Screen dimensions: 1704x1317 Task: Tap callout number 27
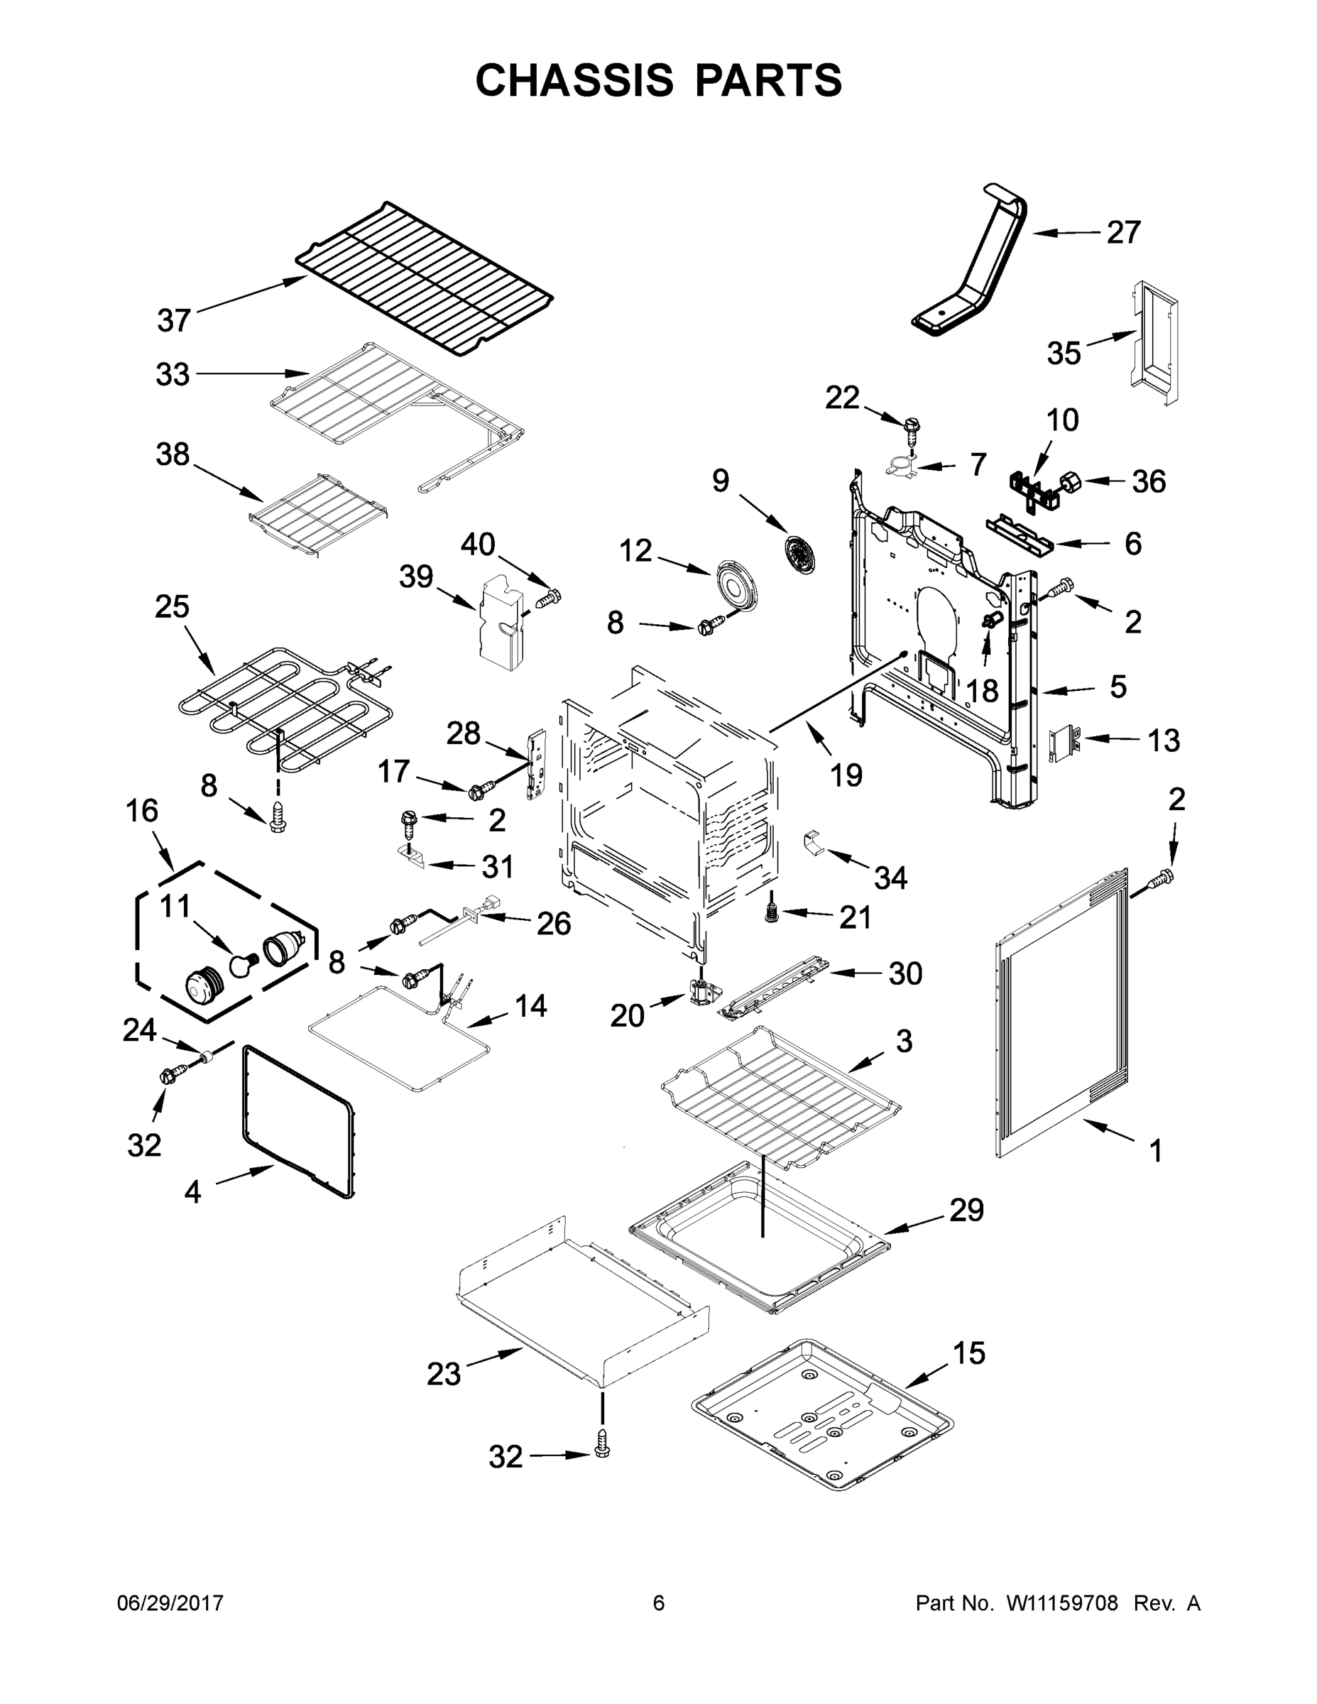pos(1123,231)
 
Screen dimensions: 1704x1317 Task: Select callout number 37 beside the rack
pos(173,320)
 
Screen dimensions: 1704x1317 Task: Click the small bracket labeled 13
pos(1063,741)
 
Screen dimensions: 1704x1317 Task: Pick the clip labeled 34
pos(813,843)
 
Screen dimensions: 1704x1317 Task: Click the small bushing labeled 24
pos(207,1057)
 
